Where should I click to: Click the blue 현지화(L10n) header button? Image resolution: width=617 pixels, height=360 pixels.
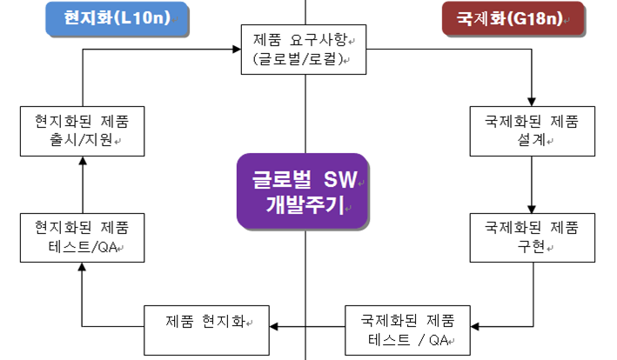tap(117, 19)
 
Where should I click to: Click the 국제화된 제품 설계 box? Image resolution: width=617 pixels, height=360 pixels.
tap(531, 130)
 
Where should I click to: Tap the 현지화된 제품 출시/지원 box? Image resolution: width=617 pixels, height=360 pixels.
tap(79, 130)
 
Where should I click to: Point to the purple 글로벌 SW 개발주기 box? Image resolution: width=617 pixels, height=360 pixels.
tap(303, 191)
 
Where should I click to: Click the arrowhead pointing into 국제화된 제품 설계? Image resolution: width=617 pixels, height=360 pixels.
tap(531, 101)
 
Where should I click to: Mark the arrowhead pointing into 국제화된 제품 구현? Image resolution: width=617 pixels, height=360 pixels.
tap(531, 209)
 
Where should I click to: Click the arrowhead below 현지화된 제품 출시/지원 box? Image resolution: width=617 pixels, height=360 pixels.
tap(79, 163)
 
